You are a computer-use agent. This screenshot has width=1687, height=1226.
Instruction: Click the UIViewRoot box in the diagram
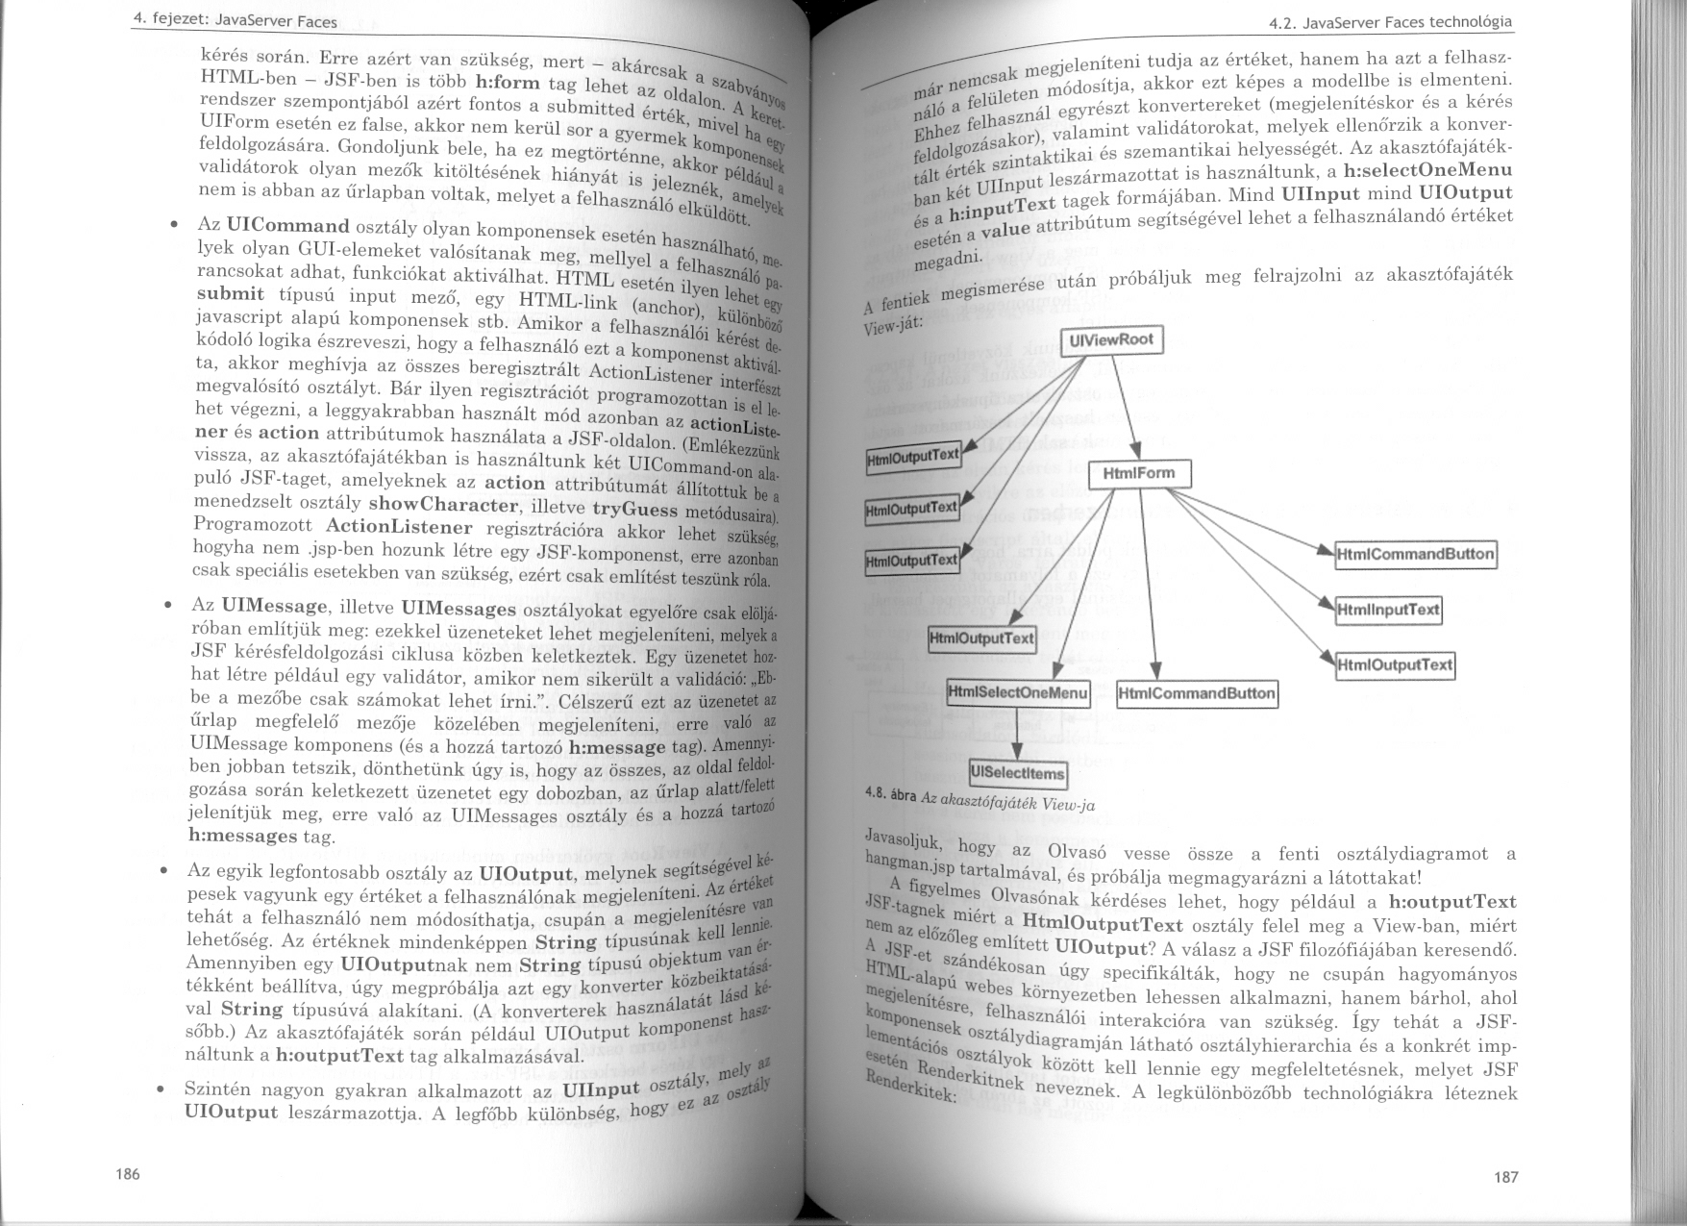1112,340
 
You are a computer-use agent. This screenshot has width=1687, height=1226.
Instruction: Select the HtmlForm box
1139,474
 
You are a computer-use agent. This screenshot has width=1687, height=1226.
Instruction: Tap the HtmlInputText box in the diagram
1388,610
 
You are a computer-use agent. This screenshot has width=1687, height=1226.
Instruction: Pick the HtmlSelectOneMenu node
1018,692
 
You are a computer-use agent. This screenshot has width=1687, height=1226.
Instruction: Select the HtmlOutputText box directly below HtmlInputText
1395,664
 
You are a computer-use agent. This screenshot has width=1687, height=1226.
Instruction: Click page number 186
127,1174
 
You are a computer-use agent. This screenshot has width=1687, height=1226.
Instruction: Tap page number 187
1505,1177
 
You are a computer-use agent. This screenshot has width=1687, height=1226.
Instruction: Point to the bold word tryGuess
635,510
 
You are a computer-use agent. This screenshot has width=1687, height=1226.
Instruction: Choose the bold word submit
230,294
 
